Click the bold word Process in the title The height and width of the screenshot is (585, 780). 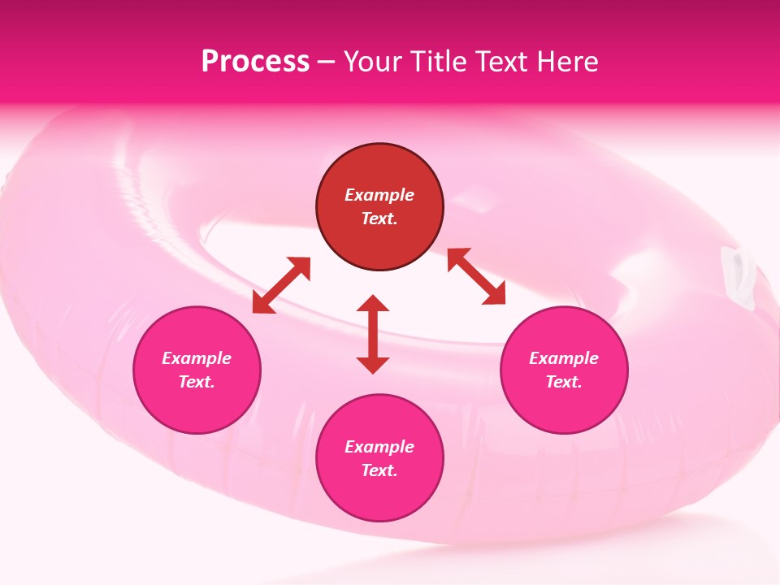click(x=255, y=62)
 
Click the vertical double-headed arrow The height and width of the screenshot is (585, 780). click(x=373, y=334)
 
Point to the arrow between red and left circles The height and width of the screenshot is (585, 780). click(x=281, y=285)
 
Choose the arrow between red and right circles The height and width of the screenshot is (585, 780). click(x=477, y=276)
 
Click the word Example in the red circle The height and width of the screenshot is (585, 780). click(x=379, y=195)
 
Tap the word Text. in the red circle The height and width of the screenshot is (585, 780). click(x=379, y=219)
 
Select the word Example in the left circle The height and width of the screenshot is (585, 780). click(x=197, y=358)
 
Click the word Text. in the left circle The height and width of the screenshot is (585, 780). click(x=197, y=382)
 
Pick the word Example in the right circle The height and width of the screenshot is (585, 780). click(x=564, y=358)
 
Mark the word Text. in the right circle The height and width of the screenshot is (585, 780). click(x=564, y=382)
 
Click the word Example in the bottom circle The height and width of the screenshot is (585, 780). click(x=379, y=447)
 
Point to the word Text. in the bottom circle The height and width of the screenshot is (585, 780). click(x=379, y=470)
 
